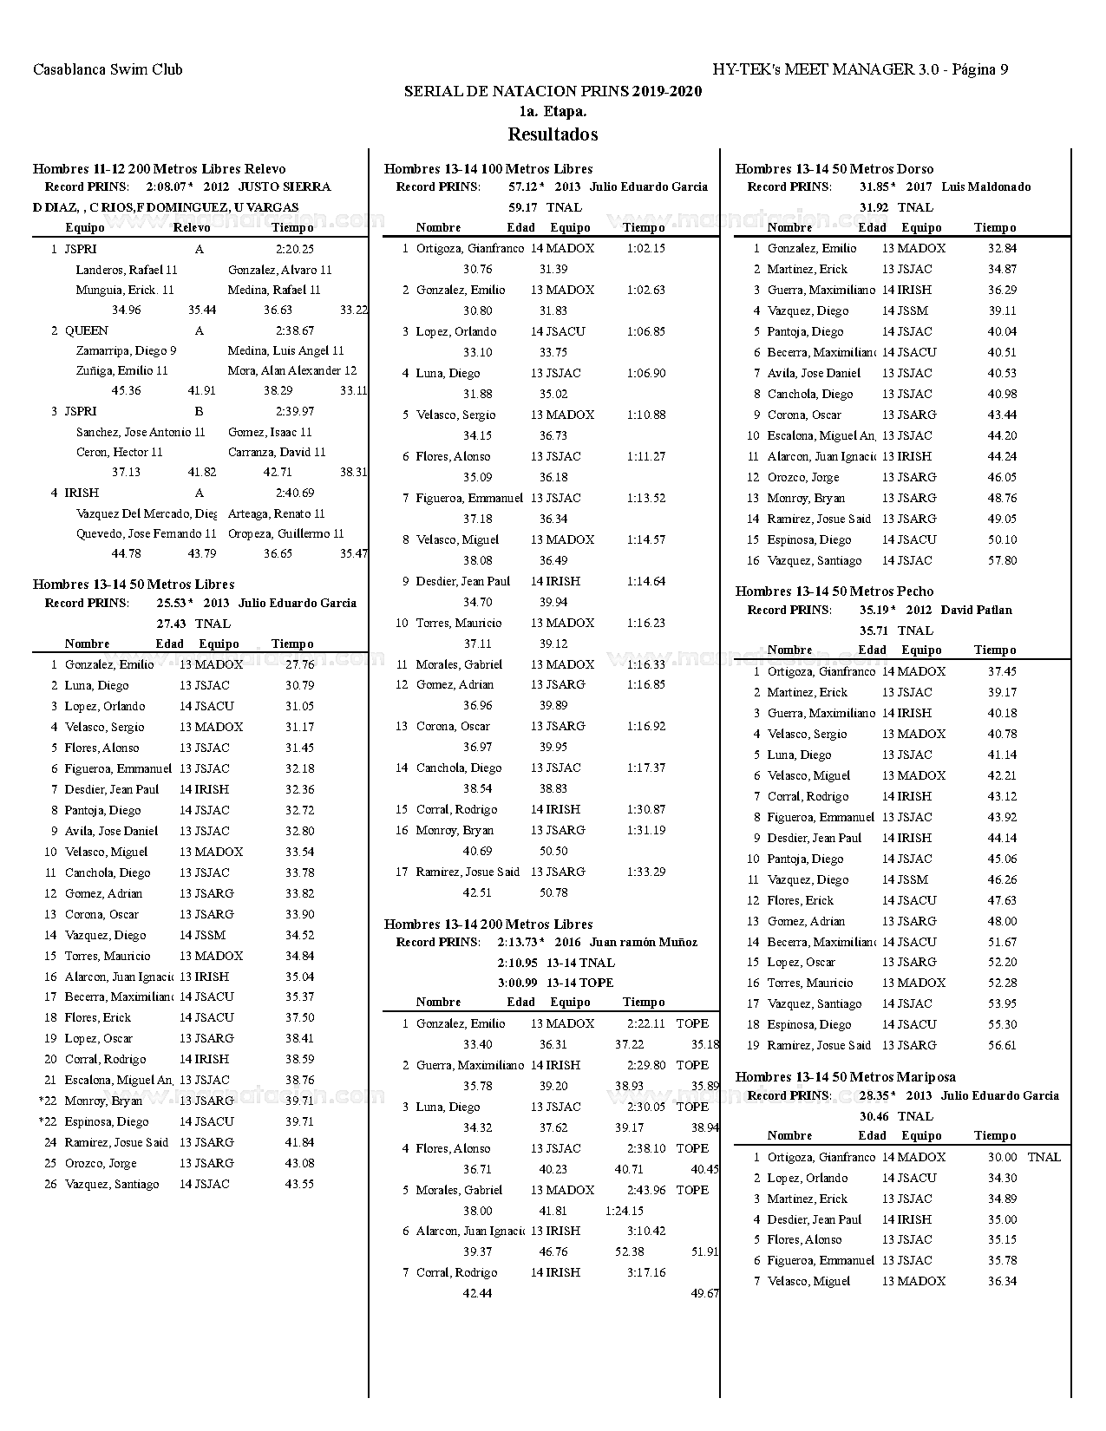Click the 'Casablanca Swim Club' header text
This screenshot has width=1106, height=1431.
108,70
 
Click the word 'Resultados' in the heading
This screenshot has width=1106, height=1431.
553,134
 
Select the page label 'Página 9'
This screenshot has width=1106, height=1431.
979,70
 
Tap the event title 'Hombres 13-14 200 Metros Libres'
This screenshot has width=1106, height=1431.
488,925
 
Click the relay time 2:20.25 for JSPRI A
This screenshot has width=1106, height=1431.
295,249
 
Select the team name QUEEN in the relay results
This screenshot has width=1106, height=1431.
87,330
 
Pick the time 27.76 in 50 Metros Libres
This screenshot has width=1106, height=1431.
299,665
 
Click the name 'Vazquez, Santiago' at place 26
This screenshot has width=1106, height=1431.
112,1184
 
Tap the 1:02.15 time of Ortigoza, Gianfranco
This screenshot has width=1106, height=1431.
646,249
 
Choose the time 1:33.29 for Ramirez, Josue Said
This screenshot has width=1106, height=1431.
646,872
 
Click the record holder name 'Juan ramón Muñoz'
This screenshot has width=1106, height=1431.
643,943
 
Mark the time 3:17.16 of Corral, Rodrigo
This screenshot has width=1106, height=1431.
646,1273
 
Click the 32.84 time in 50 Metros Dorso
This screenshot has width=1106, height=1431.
1002,249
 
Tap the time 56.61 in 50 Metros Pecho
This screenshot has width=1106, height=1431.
1002,1046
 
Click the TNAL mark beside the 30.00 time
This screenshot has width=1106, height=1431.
1044,1158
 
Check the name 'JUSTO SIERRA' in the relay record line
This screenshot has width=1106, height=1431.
284,187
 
